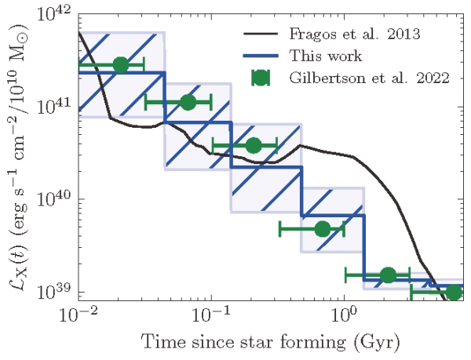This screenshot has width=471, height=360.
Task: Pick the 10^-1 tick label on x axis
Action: (210, 317)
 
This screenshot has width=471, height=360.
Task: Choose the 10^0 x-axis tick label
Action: (342, 317)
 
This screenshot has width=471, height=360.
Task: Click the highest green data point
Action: (120, 65)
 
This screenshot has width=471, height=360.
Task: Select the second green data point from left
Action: (187, 102)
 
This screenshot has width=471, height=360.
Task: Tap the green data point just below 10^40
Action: (322, 229)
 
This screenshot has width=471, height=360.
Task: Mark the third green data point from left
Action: (254, 145)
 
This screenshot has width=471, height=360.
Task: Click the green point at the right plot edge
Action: (453, 293)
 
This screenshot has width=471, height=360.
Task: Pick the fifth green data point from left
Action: (387, 275)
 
